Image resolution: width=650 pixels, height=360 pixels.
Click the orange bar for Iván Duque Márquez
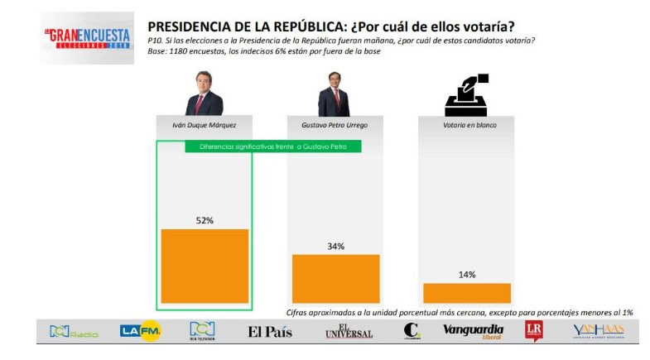[x=205, y=266]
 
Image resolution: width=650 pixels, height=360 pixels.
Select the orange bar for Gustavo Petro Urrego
[x=335, y=278]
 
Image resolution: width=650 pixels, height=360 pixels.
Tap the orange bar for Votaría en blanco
[x=467, y=292]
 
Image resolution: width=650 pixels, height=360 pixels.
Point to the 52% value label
[x=205, y=220]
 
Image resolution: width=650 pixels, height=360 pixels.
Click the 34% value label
[x=335, y=246]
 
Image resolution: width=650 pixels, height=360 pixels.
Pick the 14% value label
[x=467, y=275]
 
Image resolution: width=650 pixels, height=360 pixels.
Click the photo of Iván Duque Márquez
[x=204, y=93]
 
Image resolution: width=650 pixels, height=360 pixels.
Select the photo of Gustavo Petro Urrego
[x=334, y=93]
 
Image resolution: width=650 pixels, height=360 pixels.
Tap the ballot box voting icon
[x=466, y=95]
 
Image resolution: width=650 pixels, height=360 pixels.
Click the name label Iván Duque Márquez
[x=204, y=125]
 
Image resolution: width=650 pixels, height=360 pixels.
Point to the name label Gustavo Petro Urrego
[x=335, y=125]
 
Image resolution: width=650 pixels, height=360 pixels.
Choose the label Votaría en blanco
[x=466, y=125]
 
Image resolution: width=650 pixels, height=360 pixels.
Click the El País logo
[x=270, y=332]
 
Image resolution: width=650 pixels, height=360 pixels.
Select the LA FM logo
[x=140, y=331]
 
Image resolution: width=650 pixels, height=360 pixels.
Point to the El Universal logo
[x=349, y=331]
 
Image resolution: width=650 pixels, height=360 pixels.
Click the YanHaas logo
[x=598, y=331]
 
